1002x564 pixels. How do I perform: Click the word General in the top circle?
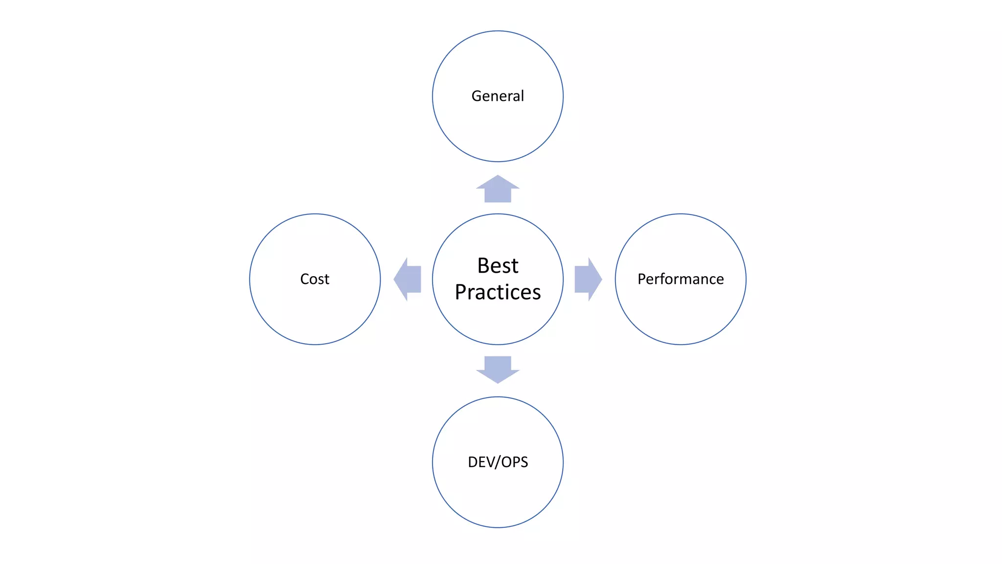498,96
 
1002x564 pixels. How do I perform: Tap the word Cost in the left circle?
315,279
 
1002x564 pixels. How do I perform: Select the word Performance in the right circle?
681,279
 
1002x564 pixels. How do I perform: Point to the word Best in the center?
498,266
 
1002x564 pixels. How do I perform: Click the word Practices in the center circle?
498,292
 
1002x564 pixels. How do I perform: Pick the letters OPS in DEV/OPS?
515,462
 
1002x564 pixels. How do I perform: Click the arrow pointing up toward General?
498,189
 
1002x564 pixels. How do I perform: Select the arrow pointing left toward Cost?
408,279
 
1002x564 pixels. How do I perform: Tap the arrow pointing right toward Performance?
588,279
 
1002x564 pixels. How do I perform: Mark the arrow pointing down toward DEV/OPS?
498,370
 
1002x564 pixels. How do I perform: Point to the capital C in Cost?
305,279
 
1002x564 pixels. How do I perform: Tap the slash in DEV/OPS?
499,462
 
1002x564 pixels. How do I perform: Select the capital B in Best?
483,266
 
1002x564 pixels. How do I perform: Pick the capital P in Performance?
641,279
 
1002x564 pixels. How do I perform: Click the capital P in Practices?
461,292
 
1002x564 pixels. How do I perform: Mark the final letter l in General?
522,96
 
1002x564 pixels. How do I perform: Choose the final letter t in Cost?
327,279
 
